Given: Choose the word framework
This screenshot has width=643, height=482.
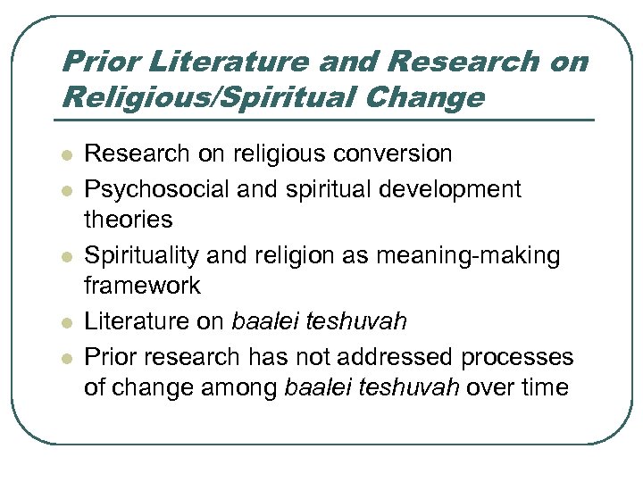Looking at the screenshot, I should tap(143, 286).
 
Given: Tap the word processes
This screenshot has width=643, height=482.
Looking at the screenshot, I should tap(518, 356).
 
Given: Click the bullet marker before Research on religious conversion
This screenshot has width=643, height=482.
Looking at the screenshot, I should tap(64, 154).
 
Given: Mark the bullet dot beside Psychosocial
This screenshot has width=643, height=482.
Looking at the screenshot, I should tap(64, 190).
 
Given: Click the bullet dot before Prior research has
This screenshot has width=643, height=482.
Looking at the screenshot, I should tap(64, 357).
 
